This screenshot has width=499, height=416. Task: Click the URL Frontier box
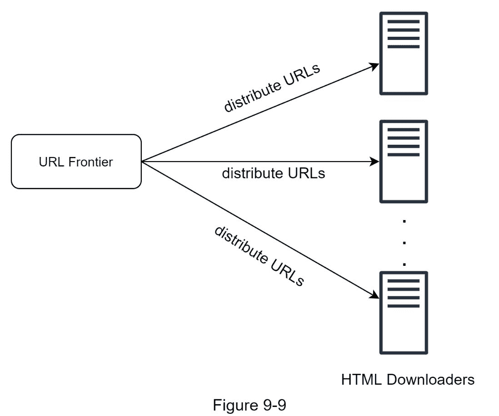coord(76,162)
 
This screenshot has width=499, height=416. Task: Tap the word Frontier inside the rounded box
coord(90,162)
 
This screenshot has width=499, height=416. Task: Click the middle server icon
coord(404,161)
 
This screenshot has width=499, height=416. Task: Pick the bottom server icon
coord(404,313)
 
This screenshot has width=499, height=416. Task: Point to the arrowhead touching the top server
coord(374,66)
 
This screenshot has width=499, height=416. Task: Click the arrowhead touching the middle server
coord(374,162)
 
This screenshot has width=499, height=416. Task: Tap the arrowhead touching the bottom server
coord(374,294)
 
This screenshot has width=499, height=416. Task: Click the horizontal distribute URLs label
coord(273,173)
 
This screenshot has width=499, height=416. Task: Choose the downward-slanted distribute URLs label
coord(258,255)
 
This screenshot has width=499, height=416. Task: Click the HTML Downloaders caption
coord(408,379)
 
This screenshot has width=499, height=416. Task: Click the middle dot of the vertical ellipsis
coord(404,242)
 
